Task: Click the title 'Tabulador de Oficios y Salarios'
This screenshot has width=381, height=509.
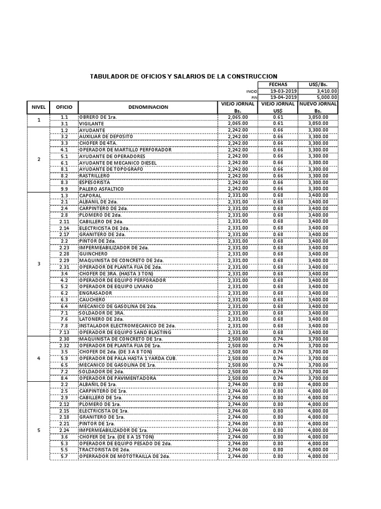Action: pyautogui.click(x=183, y=76)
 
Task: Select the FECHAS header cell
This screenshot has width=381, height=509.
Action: pyautogui.click(x=278, y=85)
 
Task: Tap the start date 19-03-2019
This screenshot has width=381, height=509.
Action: pyautogui.click(x=283, y=91)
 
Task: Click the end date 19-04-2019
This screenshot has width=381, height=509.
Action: pyautogui.click(x=283, y=97)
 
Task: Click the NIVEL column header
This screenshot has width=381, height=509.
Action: pyautogui.click(x=39, y=107)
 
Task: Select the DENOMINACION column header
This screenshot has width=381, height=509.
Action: pyautogui.click(x=148, y=107)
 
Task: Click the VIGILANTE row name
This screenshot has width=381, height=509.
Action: pyautogui.click(x=91, y=123)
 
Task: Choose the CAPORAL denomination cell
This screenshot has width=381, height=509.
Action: pyautogui.click(x=91, y=195)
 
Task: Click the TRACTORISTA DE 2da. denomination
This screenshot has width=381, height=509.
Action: pyautogui.click(x=104, y=449)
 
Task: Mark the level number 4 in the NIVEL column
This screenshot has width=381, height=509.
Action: pyautogui.click(x=39, y=358)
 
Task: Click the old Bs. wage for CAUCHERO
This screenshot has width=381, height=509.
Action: pyautogui.click(x=238, y=300)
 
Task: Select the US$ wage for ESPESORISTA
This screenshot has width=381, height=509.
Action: pyautogui.click(x=278, y=182)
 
